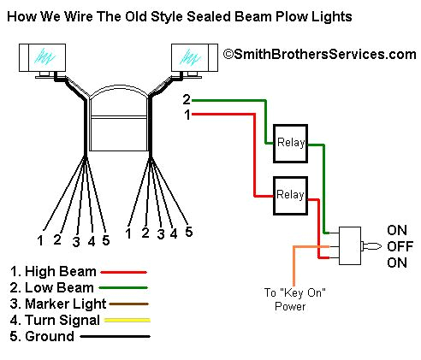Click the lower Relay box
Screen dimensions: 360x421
(289, 195)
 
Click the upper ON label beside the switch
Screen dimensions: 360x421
(398, 230)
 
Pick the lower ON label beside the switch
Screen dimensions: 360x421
(398, 263)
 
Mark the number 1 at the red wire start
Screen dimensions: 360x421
(186, 114)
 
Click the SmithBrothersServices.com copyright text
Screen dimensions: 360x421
(318, 54)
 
